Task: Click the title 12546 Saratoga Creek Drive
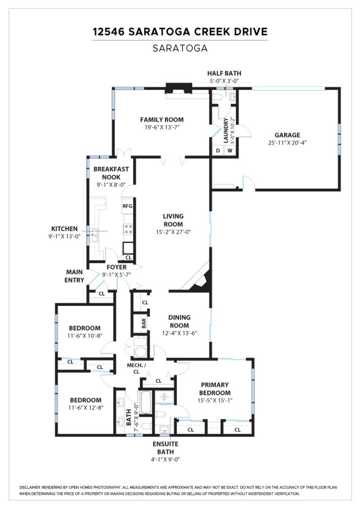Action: pos(180,32)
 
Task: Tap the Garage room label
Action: pos(287,135)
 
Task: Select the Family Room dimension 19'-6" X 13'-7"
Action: pos(162,127)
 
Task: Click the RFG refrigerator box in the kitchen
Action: pos(127,206)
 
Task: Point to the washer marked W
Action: pos(230,151)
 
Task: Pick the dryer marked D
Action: pos(218,151)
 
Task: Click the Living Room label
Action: pos(173,220)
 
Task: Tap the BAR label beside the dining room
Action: pos(144,324)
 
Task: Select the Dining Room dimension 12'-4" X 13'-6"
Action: pos(179,333)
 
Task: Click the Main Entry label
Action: pos(74,276)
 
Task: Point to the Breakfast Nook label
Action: pos(111,173)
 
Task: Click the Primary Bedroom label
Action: pos(214,389)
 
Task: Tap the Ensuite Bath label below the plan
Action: pos(166,448)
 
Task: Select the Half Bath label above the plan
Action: pos(224,73)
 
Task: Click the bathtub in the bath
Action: pos(145,403)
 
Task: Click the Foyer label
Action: pos(116,267)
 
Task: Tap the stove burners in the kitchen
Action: pos(128,229)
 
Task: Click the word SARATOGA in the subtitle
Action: pos(180,48)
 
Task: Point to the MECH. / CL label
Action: pos(136,368)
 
